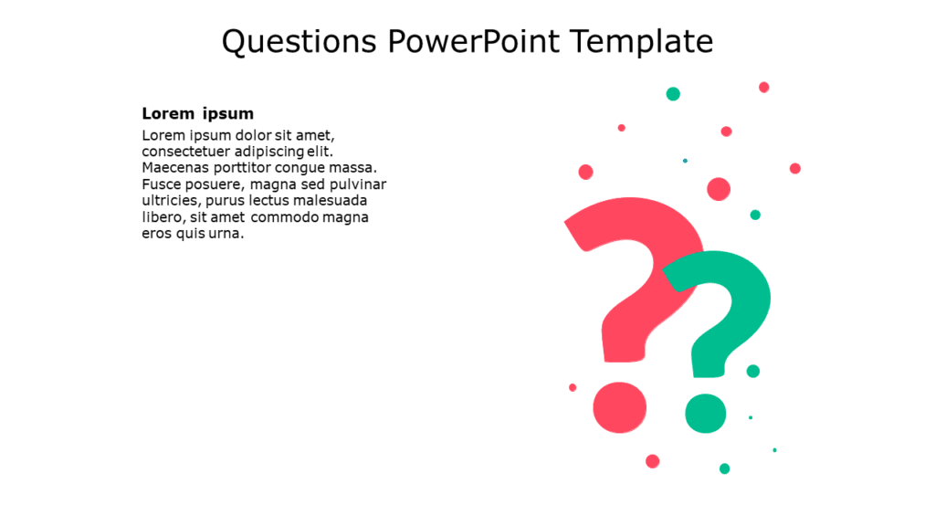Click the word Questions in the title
click(299, 43)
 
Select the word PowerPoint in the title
click(474, 42)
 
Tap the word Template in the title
click(642, 43)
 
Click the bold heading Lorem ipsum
click(197, 114)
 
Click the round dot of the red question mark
click(620, 407)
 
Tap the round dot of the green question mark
click(706, 414)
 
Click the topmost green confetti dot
click(673, 94)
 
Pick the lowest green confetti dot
click(724, 468)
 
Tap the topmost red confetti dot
click(764, 88)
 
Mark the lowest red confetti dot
click(652, 461)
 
